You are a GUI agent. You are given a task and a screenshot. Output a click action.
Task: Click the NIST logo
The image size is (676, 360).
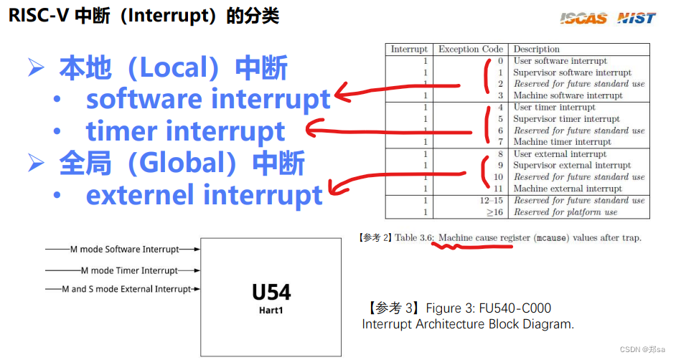click(x=637, y=19)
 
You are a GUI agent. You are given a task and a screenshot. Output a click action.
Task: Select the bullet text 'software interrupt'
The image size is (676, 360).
click(x=208, y=99)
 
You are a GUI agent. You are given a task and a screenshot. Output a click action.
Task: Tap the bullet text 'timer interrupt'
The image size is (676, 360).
click(x=186, y=131)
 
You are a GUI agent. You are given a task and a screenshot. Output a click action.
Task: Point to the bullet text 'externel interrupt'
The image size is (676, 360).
click(x=205, y=194)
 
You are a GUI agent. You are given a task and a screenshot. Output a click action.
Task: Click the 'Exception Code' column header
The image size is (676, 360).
click(x=471, y=49)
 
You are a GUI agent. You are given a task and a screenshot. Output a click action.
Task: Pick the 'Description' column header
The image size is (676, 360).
click(x=537, y=49)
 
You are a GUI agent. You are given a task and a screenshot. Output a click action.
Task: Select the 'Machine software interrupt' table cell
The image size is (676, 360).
click(x=568, y=95)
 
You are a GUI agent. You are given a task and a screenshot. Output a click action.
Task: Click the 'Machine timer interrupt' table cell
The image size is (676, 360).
click(x=563, y=142)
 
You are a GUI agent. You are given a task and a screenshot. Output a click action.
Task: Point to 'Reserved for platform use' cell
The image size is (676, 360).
click(x=565, y=212)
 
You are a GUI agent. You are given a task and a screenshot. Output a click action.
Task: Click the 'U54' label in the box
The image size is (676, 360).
click(x=271, y=293)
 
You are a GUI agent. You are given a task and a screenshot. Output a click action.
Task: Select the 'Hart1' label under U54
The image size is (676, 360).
click(x=271, y=311)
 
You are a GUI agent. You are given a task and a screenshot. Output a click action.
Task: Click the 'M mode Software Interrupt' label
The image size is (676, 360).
click(x=124, y=250)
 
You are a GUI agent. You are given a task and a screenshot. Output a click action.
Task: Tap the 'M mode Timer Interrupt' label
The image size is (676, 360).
click(x=129, y=270)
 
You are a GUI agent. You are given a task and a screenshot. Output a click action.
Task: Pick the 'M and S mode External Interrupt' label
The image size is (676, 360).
click(x=126, y=289)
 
